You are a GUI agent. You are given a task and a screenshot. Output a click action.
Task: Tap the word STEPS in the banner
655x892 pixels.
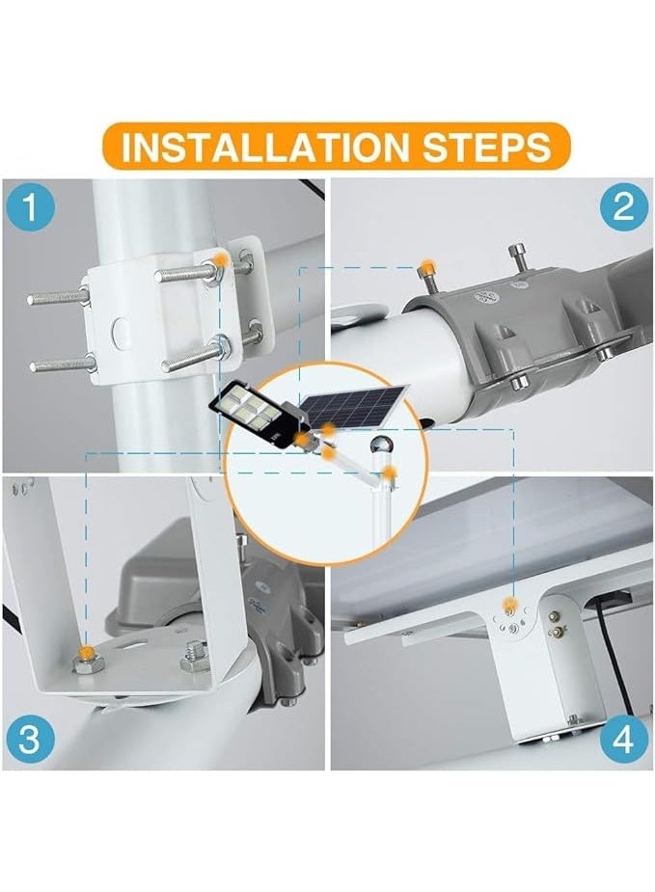[x=486, y=147]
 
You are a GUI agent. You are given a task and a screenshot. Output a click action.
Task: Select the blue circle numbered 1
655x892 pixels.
[x=31, y=206]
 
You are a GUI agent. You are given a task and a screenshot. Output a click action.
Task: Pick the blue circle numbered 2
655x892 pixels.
[x=624, y=206]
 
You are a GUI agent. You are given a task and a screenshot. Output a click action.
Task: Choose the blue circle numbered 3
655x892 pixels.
[x=30, y=739]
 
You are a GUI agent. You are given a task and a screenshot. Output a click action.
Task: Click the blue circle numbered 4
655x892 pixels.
[x=624, y=740]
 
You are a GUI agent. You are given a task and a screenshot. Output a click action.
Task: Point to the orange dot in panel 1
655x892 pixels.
[x=220, y=261]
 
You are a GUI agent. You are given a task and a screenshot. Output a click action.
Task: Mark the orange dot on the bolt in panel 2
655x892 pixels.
[x=425, y=265]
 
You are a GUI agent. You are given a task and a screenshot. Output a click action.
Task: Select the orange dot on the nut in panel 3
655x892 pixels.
[x=86, y=653]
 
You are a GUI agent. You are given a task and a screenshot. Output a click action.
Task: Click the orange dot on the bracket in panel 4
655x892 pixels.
[x=511, y=604]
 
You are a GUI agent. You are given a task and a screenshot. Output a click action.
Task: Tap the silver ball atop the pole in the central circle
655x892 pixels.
[x=379, y=445]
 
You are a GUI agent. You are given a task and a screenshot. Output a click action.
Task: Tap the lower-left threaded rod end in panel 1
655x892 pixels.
[x=61, y=364]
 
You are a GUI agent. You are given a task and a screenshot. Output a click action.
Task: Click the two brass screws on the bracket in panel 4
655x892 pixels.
[x=555, y=623]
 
